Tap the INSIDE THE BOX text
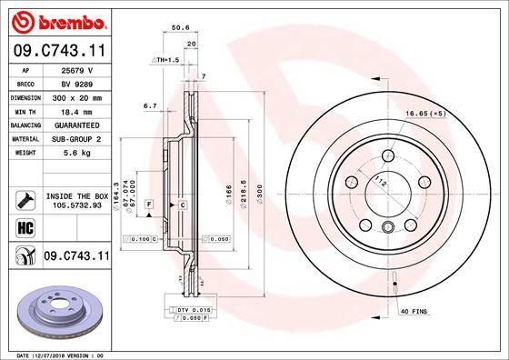(76, 195)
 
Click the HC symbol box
(25, 227)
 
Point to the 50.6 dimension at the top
(179, 28)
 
